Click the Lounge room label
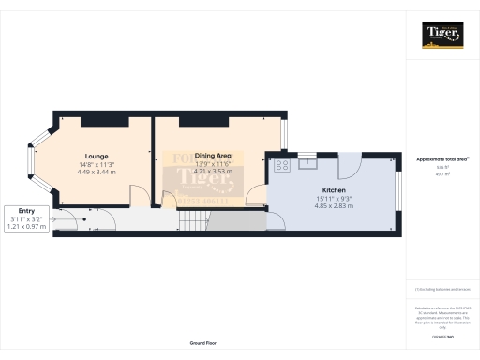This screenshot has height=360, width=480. tap(96, 156)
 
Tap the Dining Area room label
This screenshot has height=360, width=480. tap(211, 156)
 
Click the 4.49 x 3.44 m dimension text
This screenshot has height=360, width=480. tap(96, 172)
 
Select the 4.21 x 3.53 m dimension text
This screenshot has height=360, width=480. tap(211, 172)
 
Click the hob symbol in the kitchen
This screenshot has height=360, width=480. tap(280, 166)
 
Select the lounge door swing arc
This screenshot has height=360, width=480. tap(138, 194)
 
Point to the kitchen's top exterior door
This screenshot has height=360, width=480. tap(348, 165)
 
